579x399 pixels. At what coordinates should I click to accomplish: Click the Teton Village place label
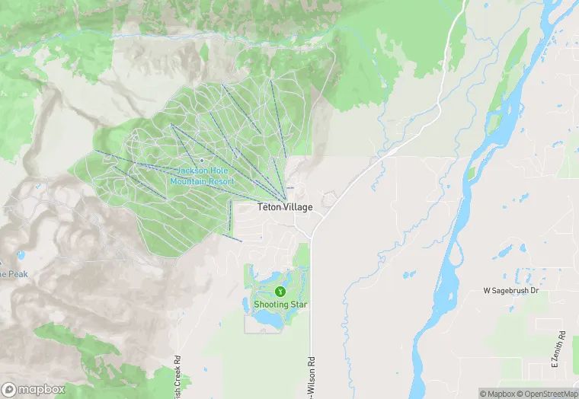tap(283, 207)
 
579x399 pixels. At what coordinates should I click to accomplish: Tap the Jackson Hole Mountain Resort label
tap(202, 176)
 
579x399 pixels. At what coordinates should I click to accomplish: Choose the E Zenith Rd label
tap(561, 346)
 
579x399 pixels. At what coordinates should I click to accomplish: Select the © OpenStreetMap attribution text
tap(542, 394)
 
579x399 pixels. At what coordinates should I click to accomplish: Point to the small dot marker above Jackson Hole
tap(201, 161)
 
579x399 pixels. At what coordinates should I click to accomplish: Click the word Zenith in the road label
tap(561, 349)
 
